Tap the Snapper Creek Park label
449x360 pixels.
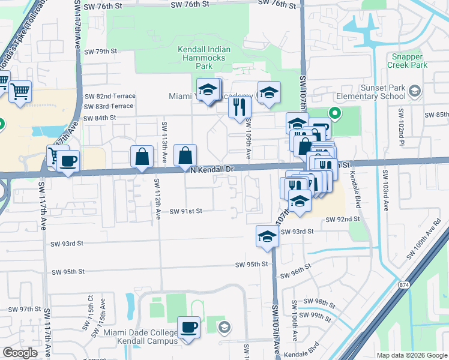407,61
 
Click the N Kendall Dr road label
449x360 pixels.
212,170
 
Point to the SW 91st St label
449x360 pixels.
186,211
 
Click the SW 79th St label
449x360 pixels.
100,52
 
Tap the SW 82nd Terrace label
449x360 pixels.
109,96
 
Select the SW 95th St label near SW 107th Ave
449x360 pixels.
251,265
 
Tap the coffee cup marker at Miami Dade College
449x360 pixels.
189,328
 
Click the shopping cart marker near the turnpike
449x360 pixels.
20,92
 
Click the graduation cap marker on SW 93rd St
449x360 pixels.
267,236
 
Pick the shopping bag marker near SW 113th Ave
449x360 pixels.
142,157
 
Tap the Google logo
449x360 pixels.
20,353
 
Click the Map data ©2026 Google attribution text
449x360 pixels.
412,355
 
